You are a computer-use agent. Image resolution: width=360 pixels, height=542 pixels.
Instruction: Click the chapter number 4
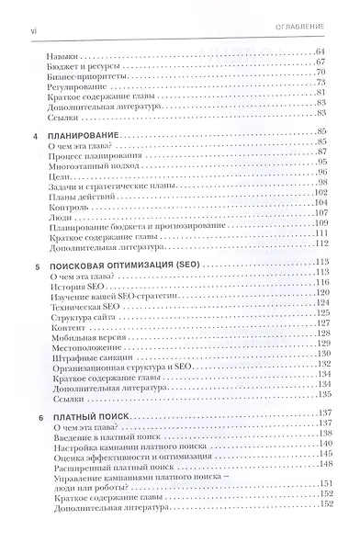click(x=35, y=137)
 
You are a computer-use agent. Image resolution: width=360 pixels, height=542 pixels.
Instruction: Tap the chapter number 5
click(x=35, y=262)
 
